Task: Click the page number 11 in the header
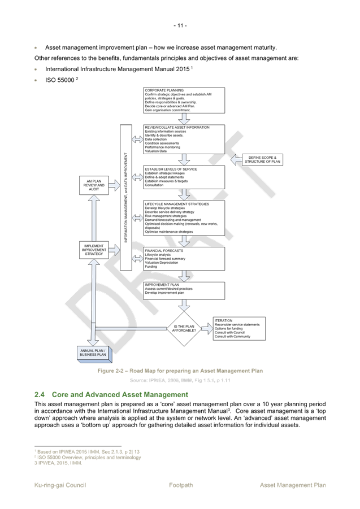click(x=180, y=25)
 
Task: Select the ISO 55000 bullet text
click(x=60, y=80)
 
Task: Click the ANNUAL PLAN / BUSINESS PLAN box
click(x=95, y=353)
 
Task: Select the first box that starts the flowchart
click(x=184, y=100)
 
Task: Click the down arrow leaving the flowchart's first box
click(x=184, y=119)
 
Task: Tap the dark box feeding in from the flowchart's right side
click(x=262, y=160)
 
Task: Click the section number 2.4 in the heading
click(x=40, y=394)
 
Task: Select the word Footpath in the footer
click(x=181, y=485)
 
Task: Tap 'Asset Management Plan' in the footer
click(x=293, y=485)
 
